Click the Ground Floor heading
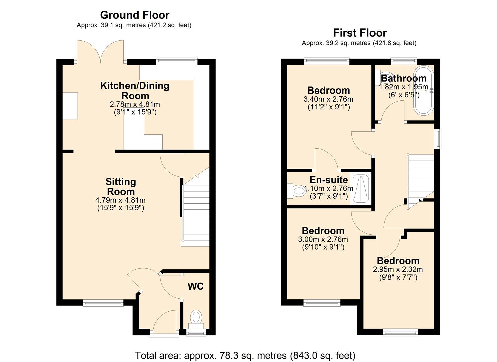pos(135,15)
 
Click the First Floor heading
pos(360,33)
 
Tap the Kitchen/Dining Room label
pos(135,90)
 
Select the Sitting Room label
pos(120,187)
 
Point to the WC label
pos(195,286)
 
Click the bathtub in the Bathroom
pos(424,90)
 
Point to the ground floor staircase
pos(196,211)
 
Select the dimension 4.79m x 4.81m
pos(120,200)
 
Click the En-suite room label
pos(329,180)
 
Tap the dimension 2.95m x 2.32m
pos(398,269)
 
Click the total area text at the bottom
pos(245,355)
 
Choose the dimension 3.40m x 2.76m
pos(328,99)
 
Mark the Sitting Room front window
pos(103,303)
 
